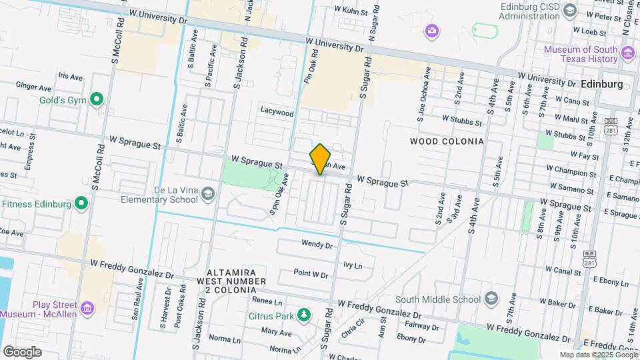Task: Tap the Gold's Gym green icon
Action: click(x=97, y=100)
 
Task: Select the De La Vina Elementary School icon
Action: click(x=208, y=193)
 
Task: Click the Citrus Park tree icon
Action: click(x=304, y=313)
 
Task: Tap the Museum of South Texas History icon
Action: click(x=627, y=53)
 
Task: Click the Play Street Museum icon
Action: click(x=87, y=308)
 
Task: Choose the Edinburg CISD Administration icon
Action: click(x=569, y=9)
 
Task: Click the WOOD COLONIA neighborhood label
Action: click(x=446, y=141)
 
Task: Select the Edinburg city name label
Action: click(x=601, y=85)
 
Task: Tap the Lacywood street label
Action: click(x=277, y=113)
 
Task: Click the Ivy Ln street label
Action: click(x=352, y=265)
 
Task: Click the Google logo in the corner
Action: click(x=22, y=351)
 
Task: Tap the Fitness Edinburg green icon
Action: click(x=81, y=203)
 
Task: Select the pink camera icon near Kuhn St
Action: click(x=432, y=31)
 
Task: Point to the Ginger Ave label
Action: click(x=33, y=87)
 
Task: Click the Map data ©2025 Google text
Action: click(x=598, y=355)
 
